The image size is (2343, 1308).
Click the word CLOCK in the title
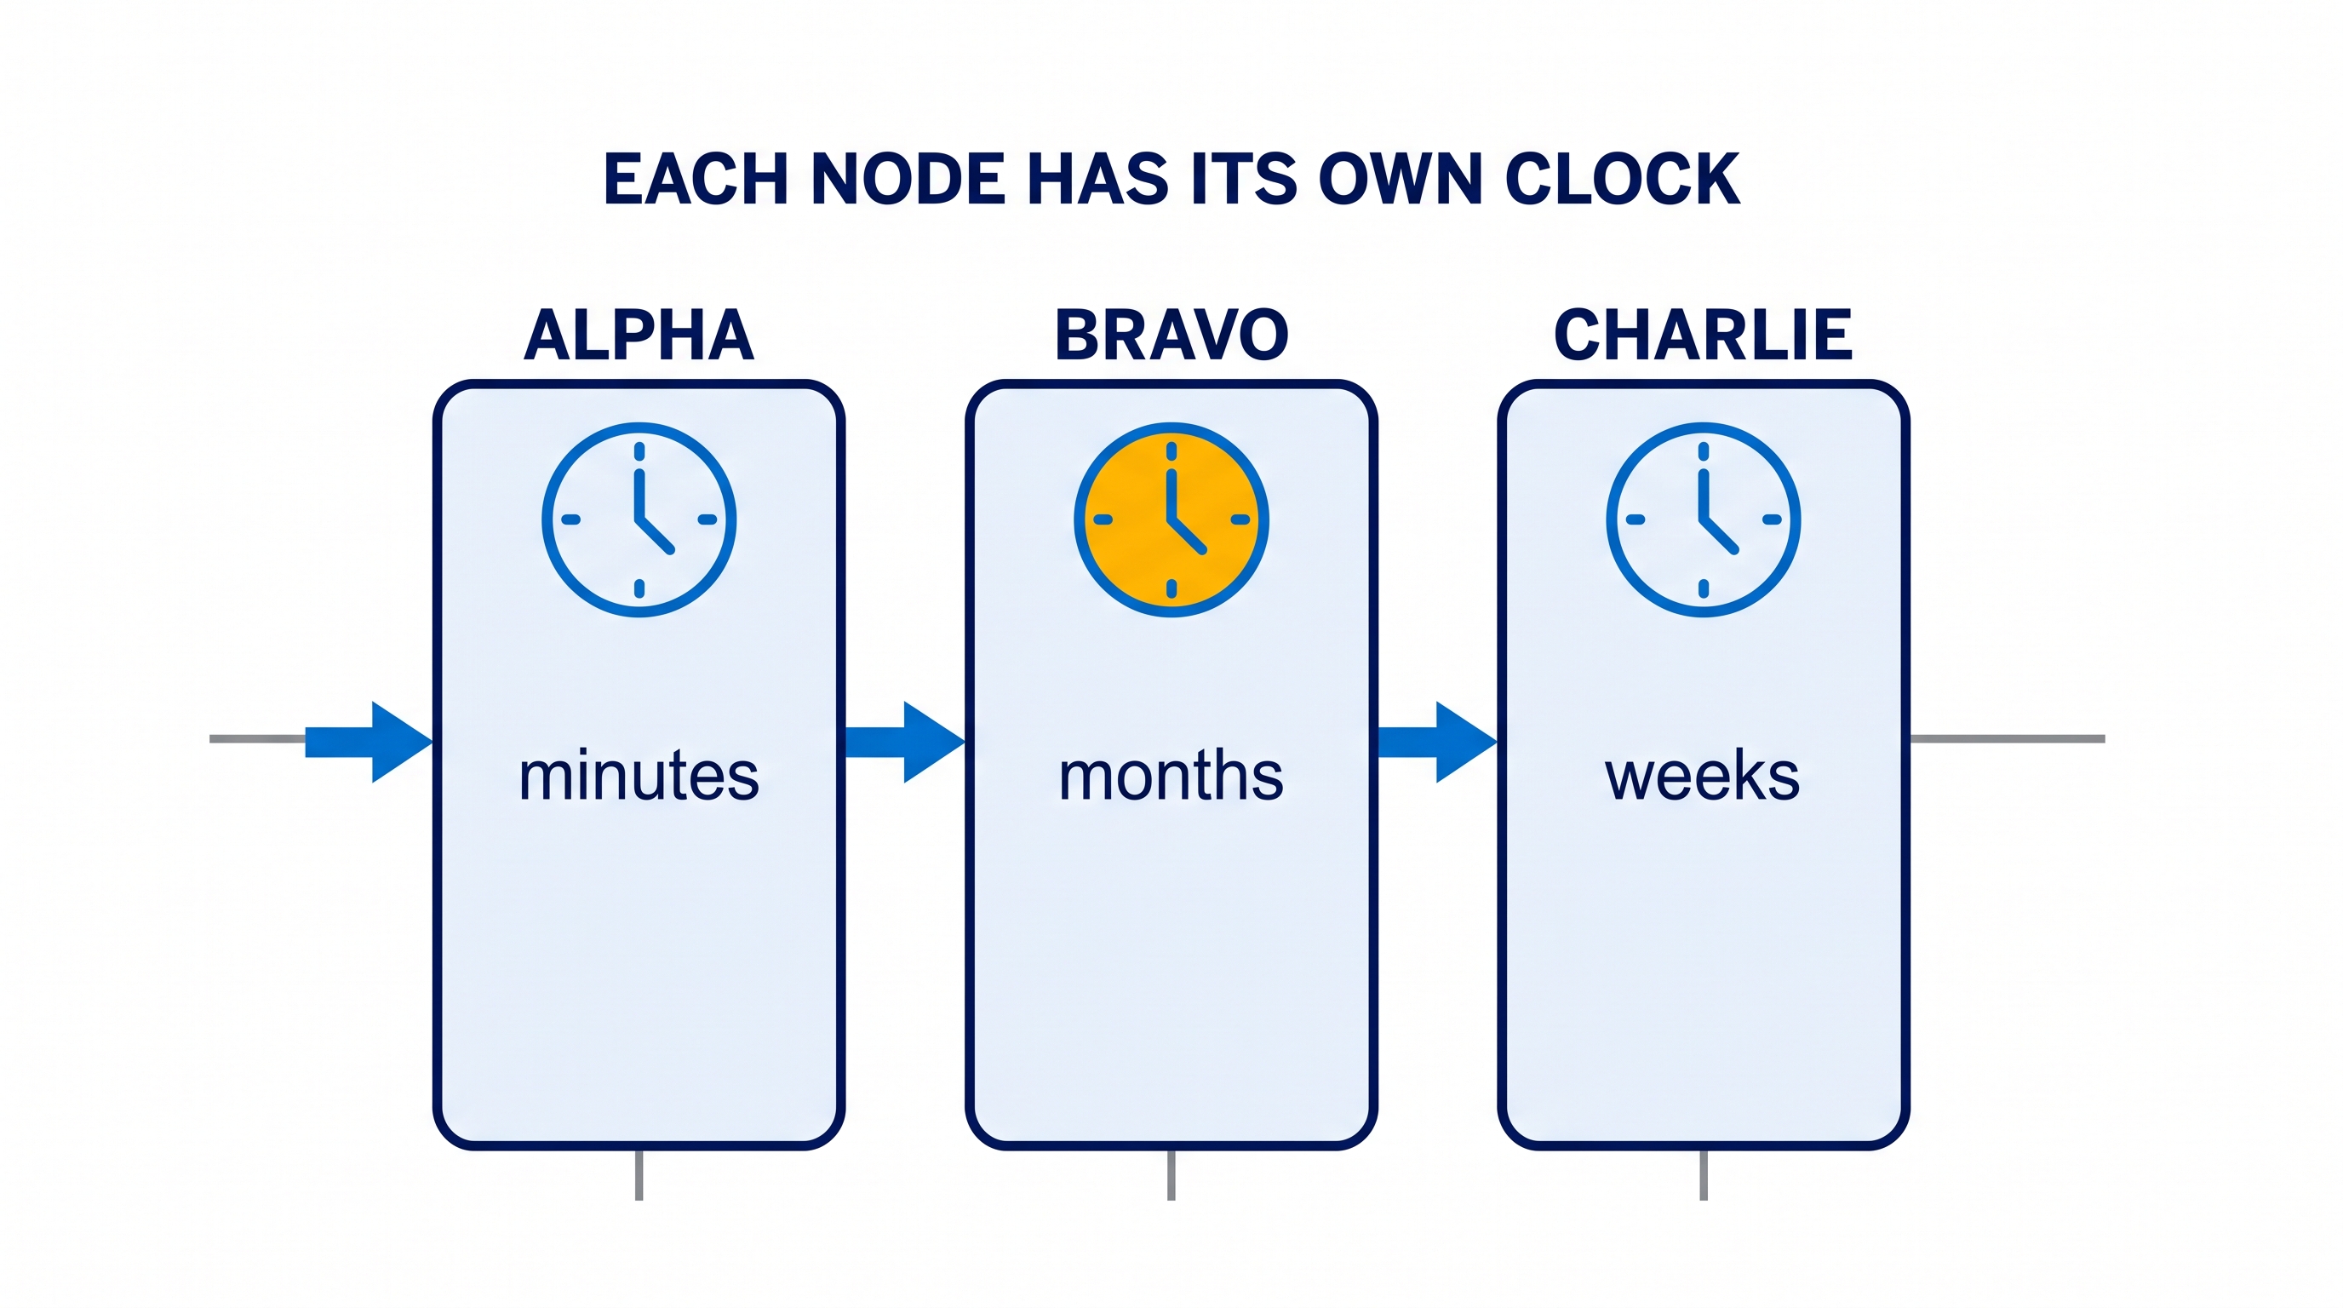pyautogui.click(x=1622, y=178)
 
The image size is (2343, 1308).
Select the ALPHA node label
pyautogui.click(x=639, y=335)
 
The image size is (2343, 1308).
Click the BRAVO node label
pyautogui.click(x=1171, y=335)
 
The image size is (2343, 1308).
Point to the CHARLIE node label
pyautogui.click(x=1703, y=335)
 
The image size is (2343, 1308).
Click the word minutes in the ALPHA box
pyautogui.click(x=639, y=775)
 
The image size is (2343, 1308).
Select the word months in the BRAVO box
pyautogui.click(x=1171, y=775)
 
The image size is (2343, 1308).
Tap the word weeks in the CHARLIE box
pyautogui.click(x=1702, y=776)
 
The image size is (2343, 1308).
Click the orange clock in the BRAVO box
pyautogui.click(x=1171, y=519)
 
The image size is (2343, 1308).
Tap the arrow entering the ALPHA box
pyautogui.click(x=369, y=742)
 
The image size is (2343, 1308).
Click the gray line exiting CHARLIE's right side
pyautogui.click(x=2008, y=738)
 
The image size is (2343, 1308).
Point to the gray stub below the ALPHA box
pyautogui.click(x=639, y=1175)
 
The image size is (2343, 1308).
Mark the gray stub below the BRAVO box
pyautogui.click(x=1171, y=1175)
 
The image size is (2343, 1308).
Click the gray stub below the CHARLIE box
pyautogui.click(x=1704, y=1175)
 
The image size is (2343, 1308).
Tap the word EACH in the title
pyautogui.click(x=696, y=178)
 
